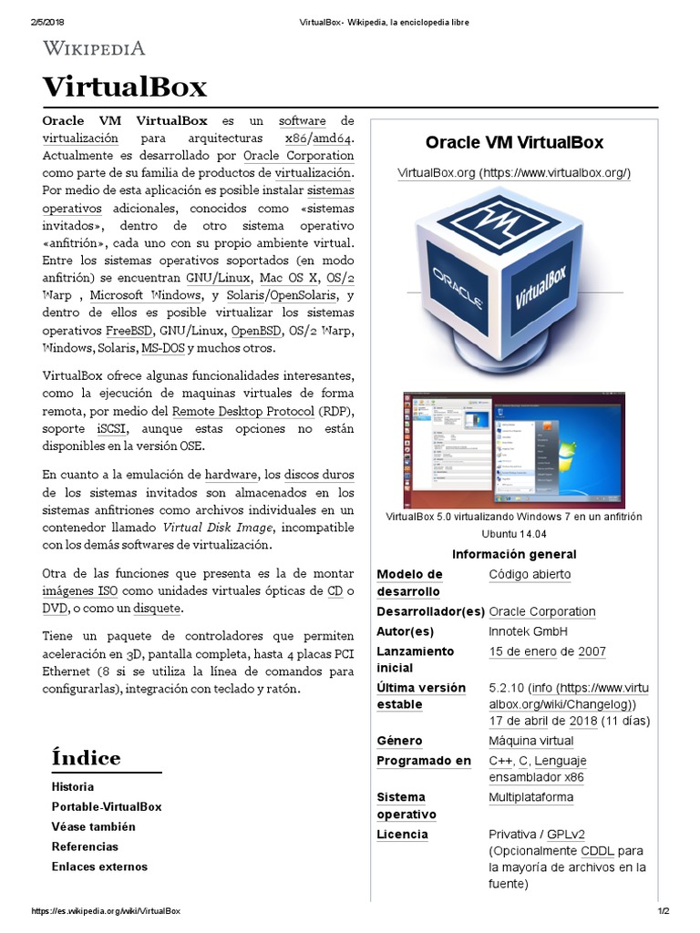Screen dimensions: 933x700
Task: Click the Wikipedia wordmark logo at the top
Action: [x=94, y=48]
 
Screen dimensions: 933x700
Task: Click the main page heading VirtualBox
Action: [x=125, y=87]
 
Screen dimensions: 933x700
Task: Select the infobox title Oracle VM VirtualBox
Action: [x=514, y=142]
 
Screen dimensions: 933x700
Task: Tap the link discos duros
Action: [x=319, y=475]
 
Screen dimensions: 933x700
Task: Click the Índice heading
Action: [x=86, y=758]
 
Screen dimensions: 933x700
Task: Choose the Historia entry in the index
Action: [x=73, y=786]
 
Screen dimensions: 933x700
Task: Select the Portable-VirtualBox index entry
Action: [x=107, y=806]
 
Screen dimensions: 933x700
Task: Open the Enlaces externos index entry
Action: [x=99, y=866]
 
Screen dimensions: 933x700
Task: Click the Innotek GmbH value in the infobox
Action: [x=528, y=631]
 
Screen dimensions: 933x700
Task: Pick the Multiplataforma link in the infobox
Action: [x=531, y=797]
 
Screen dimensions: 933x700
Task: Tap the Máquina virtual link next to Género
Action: [x=531, y=741]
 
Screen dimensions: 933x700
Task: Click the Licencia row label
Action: [x=402, y=835]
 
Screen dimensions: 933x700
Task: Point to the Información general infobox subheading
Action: [x=514, y=554]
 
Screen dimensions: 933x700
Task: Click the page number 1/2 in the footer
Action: [x=664, y=911]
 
